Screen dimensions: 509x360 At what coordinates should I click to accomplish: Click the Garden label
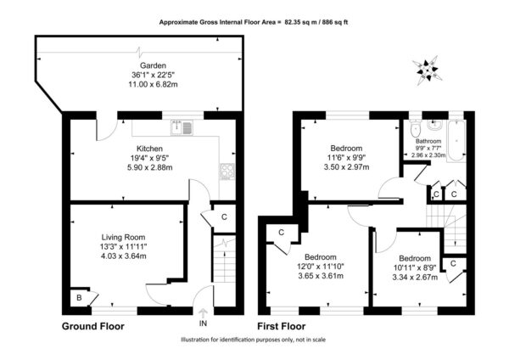153,65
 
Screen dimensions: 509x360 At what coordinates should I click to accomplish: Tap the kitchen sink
182,127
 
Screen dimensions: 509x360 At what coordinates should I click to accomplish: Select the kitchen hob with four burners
227,172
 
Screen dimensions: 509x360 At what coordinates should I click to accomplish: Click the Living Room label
123,237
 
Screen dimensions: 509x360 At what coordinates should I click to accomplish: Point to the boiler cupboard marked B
80,297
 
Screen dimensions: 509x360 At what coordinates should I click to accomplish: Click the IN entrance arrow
203,313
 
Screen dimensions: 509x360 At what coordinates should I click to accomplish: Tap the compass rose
428,70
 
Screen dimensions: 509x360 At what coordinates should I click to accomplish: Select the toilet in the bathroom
415,129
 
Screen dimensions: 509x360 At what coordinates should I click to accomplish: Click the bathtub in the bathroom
456,140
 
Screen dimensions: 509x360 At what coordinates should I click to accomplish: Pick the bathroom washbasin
433,125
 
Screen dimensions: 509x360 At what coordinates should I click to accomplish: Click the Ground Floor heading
92,326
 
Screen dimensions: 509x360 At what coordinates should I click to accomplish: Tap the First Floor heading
282,326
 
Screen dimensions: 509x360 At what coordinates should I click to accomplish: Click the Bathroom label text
428,141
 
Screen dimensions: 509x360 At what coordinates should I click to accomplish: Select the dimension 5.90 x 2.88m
149,167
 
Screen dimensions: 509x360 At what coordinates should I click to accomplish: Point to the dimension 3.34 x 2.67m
415,278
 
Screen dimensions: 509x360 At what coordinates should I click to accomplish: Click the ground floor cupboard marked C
224,217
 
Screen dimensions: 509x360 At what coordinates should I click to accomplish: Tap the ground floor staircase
224,260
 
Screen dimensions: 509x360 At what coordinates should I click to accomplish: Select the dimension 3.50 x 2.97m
346,167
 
